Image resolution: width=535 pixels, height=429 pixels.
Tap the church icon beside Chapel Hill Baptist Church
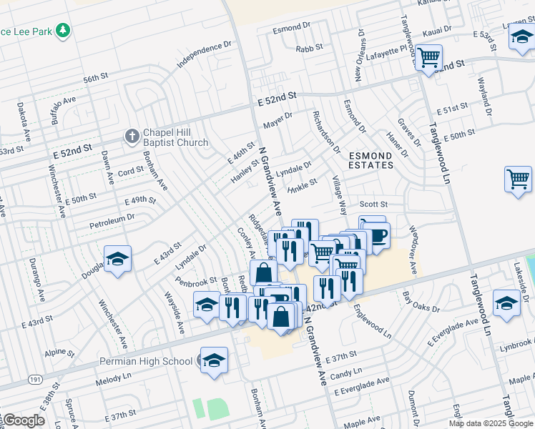point(132,135)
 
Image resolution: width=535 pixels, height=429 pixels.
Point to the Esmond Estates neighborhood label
point(370,160)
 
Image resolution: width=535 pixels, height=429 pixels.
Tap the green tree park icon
point(64,31)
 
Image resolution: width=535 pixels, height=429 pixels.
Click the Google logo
point(23,420)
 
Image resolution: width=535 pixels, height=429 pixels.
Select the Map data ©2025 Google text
point(490,423)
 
